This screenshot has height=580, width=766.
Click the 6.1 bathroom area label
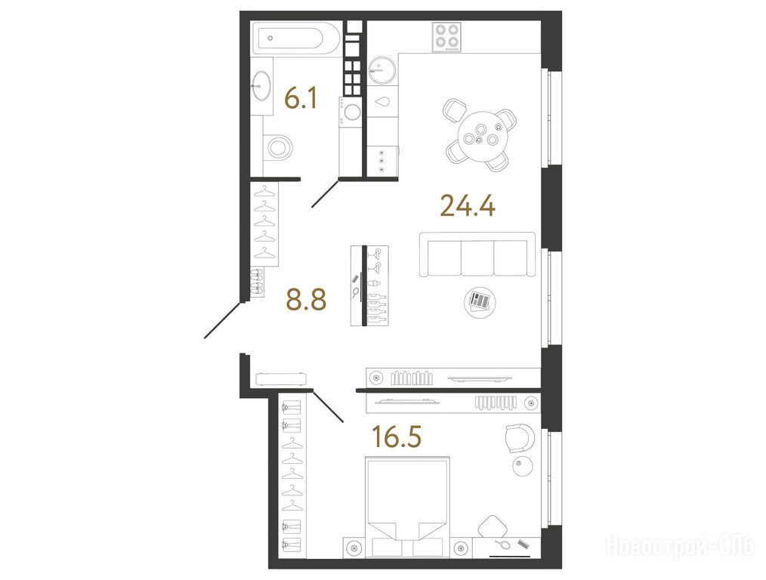click(x=301, y=99)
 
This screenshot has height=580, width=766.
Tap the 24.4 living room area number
click(x=468, y=205)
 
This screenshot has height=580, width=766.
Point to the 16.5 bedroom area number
click(x=397, y=437)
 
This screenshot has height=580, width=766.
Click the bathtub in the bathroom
click(x=297, y=39)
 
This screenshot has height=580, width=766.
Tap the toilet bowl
click(x=279, y=147)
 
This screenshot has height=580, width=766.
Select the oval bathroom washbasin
click(x=262, y=86)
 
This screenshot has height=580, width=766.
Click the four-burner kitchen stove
click(x=446, y=37)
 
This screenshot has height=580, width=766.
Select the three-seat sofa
click(x=477, y=255)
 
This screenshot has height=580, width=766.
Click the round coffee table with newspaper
click(x=480, y=302)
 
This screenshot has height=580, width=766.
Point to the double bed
click(x=407, y=507)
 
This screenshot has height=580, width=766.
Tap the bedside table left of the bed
click(x=354, y=548)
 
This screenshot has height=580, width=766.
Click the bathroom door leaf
click(x=326, y=194)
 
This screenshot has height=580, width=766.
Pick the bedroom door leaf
click(x=328, y=406)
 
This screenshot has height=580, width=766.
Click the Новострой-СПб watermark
click(x=680, y=545)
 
